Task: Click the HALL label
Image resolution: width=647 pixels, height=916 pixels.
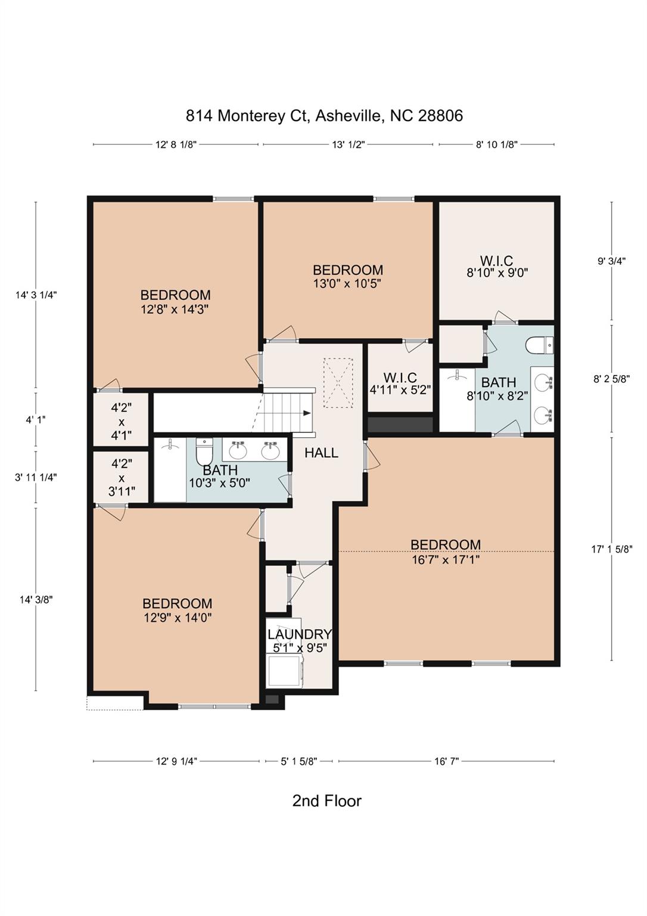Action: coord(321,453)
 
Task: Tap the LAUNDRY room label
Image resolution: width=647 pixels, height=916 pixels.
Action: coord(299,634)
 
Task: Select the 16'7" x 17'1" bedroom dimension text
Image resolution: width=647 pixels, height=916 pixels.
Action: coord(446,560)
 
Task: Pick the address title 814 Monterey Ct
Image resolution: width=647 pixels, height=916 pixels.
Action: coord(324,116)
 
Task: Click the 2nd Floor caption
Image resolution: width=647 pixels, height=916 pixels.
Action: coord(326,800)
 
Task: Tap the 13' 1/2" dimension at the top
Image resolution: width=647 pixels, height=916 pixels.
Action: coord(348,144)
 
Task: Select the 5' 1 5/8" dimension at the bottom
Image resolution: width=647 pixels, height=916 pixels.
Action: coord(298,761)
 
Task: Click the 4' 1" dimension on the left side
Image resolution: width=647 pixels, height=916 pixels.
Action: coord(36,419)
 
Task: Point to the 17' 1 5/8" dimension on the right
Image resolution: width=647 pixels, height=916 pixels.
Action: coord(611,549)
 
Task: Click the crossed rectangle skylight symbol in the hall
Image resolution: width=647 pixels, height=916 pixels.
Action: coord(338,382)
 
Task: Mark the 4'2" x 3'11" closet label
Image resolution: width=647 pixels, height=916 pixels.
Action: coord(122,477)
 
